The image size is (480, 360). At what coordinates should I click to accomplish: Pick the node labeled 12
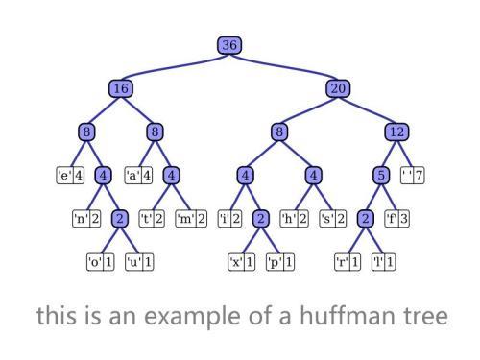[x=396, y=132]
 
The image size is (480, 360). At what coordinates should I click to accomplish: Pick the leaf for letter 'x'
[x=241, y=261]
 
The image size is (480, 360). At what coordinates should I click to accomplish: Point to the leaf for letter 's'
[x=331, y=219]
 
